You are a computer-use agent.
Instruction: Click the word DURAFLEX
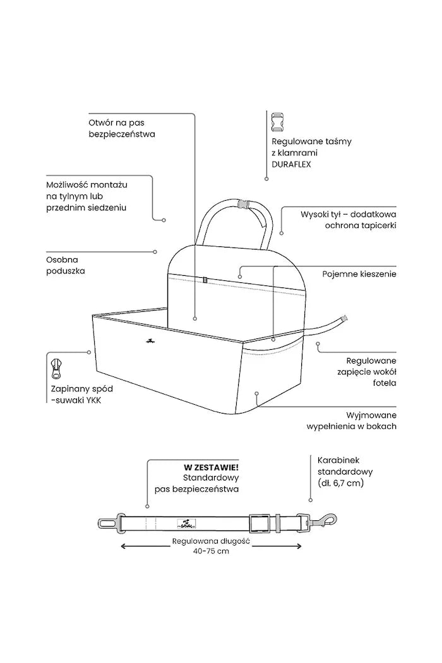coord(291,164)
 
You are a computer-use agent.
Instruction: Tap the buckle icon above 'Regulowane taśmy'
coord(277,122)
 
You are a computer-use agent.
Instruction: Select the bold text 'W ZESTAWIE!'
coord(211,468)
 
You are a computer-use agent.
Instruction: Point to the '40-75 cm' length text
coord(211,551)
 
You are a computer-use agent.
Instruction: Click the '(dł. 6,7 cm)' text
coord(340,483)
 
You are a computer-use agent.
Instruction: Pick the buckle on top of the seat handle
coord(243,204)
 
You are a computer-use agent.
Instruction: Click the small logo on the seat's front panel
coord(150,341)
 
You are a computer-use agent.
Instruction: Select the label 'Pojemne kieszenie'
coord(359,274)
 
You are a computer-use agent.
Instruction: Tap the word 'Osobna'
coord(62,260)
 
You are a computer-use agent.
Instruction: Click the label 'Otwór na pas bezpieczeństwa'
coord(122,128)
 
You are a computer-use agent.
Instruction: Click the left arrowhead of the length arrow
coord(124,546)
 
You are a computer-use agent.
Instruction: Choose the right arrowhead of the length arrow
coord(299,546)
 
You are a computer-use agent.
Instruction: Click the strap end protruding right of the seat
coord(345,318)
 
